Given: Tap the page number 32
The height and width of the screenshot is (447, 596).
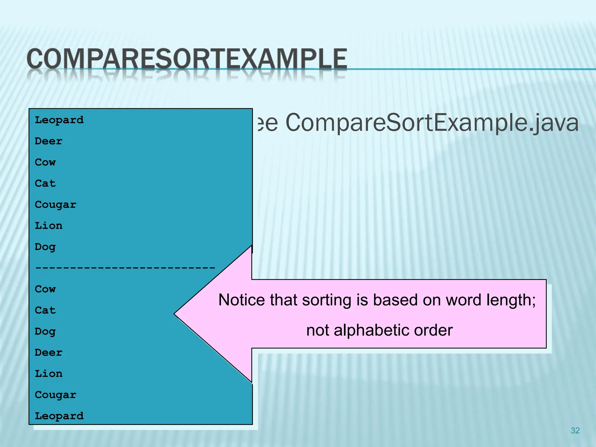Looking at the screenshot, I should [575, 430].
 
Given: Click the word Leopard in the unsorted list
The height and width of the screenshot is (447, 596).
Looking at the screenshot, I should [59, 120].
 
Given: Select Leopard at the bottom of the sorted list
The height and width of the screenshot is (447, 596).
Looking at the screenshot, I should [59, 416].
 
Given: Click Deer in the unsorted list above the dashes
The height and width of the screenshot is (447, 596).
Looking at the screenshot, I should [48, 141].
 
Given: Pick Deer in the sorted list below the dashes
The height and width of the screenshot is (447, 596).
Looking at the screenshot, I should [48, 353].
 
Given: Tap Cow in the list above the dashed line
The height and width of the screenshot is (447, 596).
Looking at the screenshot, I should [45, 162].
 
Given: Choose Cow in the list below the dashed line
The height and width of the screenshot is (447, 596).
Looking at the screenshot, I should [45, 289].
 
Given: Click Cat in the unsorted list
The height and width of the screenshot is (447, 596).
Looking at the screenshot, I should [45, 184].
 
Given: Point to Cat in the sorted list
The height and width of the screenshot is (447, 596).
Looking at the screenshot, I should [45, 311].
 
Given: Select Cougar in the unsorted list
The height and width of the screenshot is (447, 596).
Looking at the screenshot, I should [55, 205].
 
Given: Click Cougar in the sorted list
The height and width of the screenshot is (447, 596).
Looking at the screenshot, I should [55, 395].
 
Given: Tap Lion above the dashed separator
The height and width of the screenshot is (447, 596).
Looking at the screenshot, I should [48, 226].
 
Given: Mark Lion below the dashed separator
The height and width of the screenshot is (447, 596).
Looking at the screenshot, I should [48, 374].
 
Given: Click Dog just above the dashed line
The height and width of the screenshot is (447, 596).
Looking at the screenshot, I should [45, 247].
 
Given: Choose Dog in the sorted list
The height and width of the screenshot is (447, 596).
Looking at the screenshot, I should [45, 332].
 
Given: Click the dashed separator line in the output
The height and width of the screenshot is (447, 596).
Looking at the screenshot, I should [125, 267].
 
